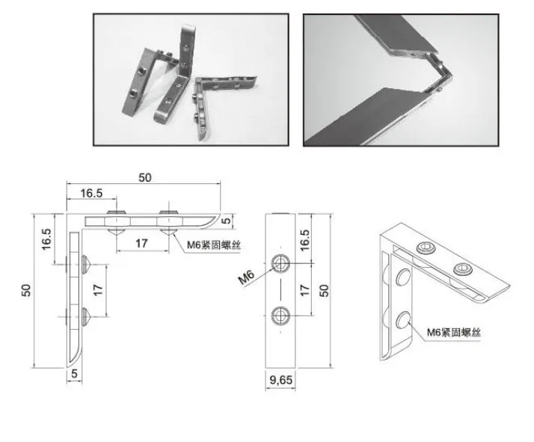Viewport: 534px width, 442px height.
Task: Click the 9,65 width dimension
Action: coord(280,379)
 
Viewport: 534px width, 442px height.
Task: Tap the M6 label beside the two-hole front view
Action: coord(246,277)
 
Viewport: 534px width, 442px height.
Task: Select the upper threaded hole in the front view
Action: coord(280,263)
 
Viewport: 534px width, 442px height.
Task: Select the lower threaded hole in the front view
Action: coord(280,316)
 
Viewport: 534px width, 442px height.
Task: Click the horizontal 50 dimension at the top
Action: coord(145,177)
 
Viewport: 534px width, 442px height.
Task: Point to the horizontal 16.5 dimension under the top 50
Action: coord(91,193)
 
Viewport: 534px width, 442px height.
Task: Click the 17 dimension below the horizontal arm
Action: coord(141,243)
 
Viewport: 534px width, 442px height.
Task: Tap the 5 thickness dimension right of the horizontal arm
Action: coord(226,221)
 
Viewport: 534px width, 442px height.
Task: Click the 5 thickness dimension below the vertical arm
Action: coord(74,374)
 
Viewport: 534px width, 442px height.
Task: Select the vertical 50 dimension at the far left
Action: coord(26,290)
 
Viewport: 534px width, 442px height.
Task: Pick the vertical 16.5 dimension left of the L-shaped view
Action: coord(46,239)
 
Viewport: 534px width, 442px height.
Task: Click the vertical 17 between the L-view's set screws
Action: coord(98,290)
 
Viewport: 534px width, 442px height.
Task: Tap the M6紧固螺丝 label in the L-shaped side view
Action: coord(214,245)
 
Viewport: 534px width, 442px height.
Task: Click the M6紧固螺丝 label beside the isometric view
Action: coord(454,332)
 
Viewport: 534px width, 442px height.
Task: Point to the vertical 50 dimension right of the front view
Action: coord(324,290)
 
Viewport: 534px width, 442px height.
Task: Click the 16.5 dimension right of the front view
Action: coord(305,240)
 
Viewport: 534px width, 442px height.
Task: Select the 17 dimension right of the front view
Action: coord(305,290)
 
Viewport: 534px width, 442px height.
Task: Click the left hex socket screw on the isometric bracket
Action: coord(426,248)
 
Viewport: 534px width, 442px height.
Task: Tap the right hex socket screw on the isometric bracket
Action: coord(463,269)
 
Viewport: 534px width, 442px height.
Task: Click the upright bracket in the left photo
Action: coord(177,73)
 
